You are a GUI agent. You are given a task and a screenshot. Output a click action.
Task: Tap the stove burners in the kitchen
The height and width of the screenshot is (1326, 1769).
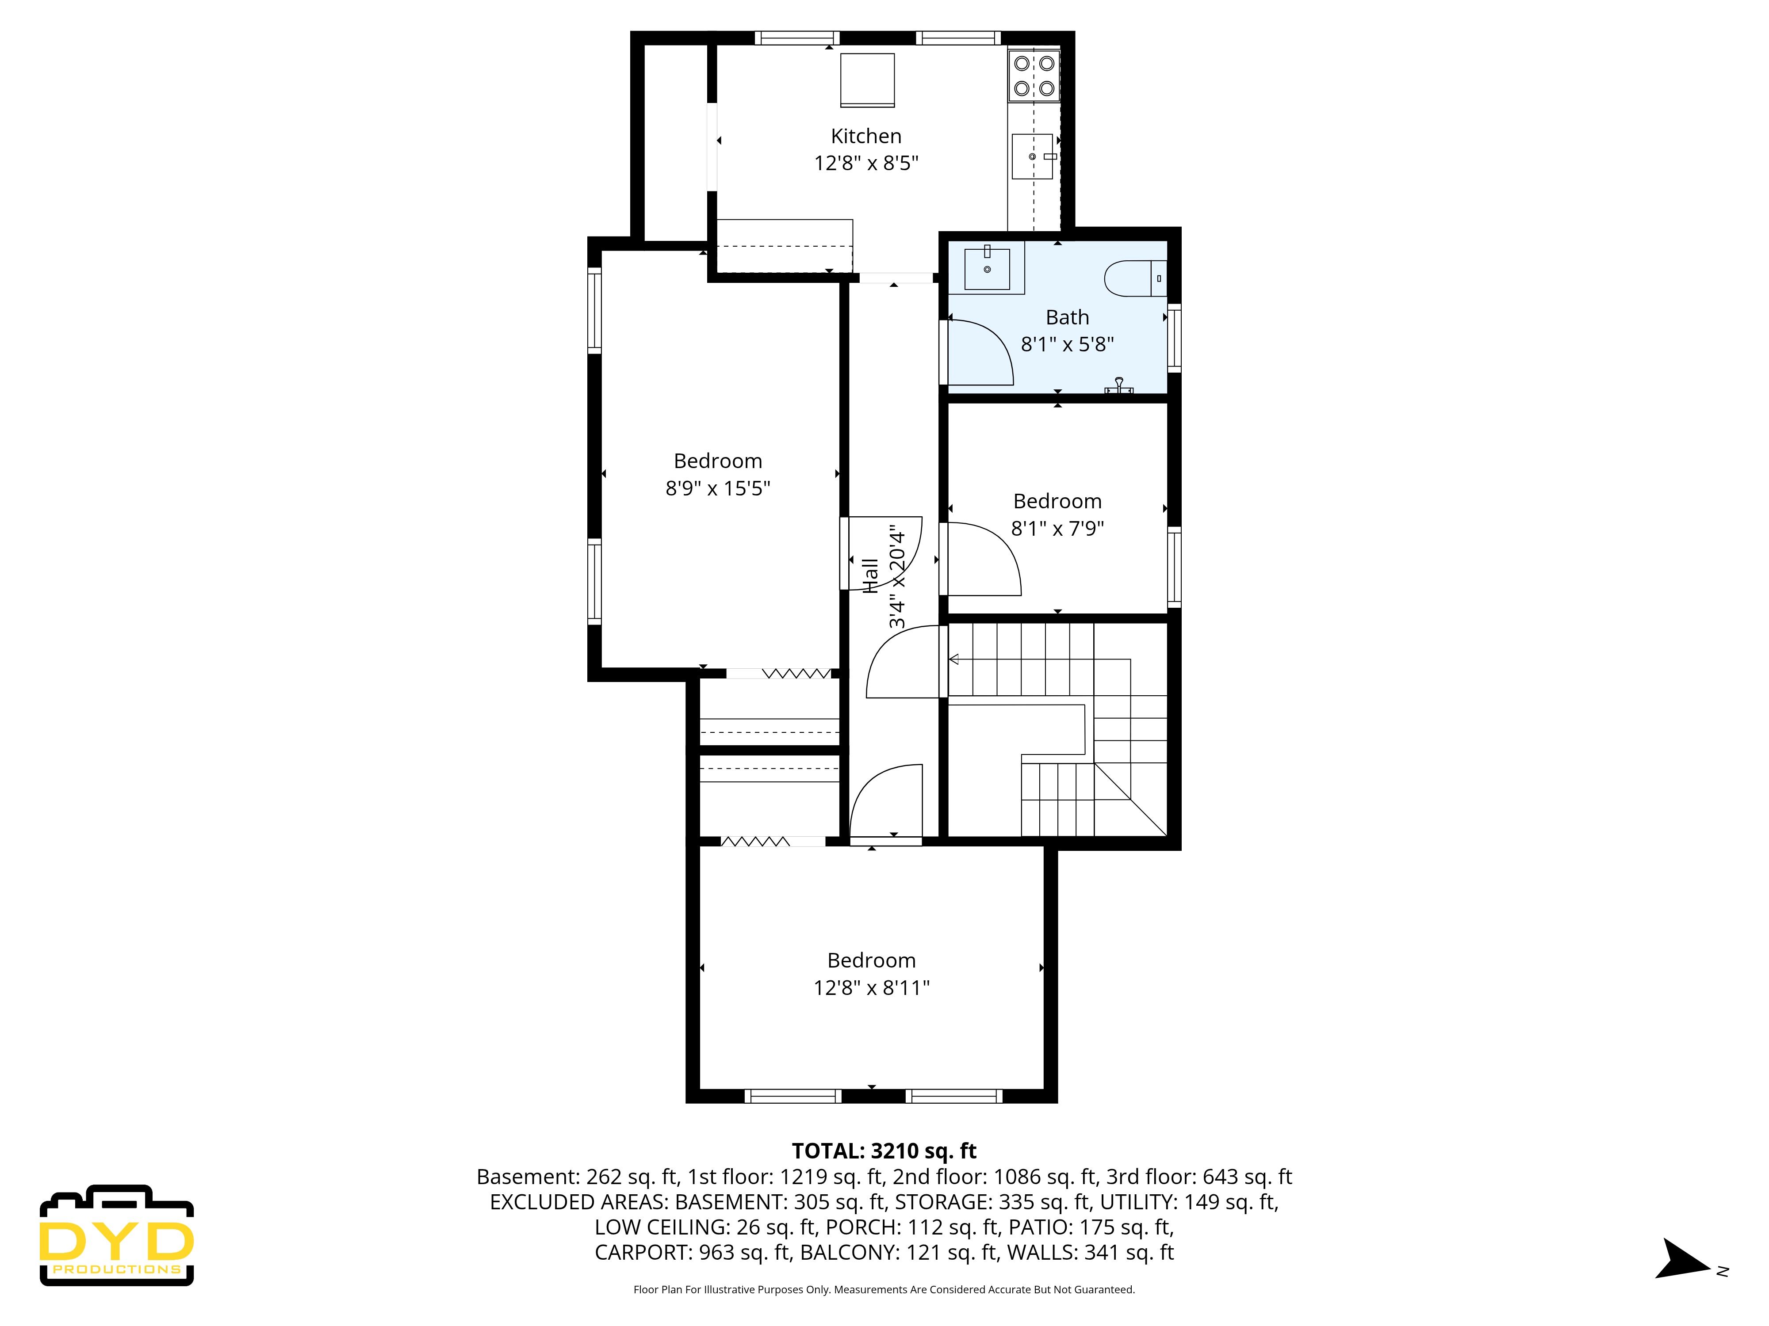coord(1034,75)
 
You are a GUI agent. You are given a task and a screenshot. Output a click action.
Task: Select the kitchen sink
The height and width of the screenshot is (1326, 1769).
coord(1033,156)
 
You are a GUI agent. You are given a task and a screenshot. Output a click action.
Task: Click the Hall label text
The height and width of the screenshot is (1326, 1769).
coord(871,575)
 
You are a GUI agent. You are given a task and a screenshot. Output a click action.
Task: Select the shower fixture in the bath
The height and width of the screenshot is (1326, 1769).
coord(1119,386)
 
